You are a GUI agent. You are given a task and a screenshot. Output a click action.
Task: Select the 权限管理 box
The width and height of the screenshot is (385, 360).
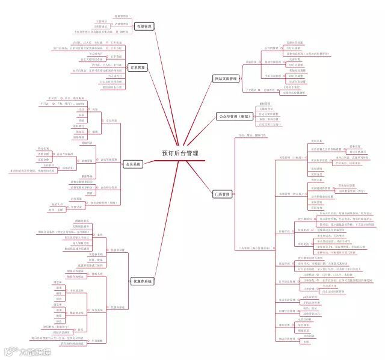tap(145, 26)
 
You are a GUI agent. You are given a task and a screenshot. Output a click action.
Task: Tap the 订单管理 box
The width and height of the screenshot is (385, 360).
tap(138, 68)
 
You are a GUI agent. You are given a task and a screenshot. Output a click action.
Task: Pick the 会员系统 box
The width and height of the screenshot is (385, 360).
tap(132, 164)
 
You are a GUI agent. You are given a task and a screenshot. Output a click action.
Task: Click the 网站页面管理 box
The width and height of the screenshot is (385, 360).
tap(226, 79)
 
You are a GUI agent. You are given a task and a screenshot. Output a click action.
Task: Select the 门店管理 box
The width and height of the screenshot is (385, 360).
tap(222, 195)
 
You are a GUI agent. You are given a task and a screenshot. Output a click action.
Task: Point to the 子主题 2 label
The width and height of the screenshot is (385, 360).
tap(253, 90)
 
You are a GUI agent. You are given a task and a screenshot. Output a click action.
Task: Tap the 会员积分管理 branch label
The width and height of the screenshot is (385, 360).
tap(109, 188)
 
